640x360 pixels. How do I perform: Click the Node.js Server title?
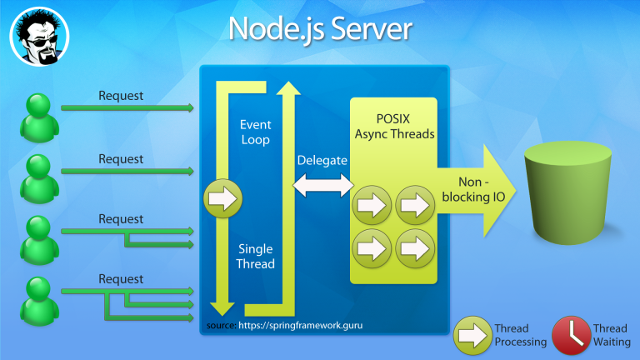[320, 29]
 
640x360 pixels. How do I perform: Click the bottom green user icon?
[37, 298]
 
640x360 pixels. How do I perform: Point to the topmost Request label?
[121, 96]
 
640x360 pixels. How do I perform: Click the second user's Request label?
[121, 159]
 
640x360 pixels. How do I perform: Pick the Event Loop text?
[255, 132]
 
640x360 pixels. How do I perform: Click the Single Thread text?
[255, 257]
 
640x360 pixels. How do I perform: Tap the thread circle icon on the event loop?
[222, 199]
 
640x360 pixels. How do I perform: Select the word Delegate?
[322, 160]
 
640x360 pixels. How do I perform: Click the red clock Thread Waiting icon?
[571, 336]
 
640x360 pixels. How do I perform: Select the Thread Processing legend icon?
[472, 336]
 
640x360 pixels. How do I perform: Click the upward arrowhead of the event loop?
[287, 86]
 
